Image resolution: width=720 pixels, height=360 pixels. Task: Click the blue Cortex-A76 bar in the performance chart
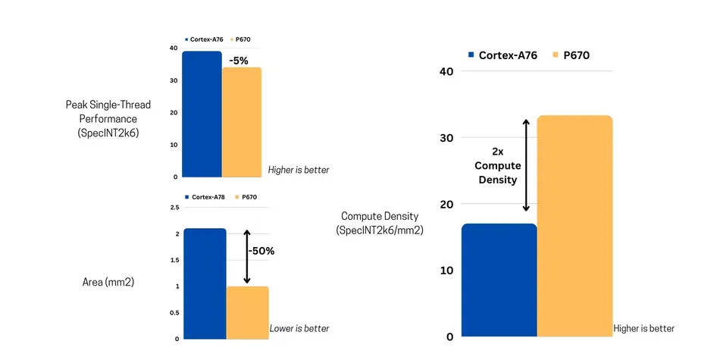202,114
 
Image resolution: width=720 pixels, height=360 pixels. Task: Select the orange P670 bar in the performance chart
241,122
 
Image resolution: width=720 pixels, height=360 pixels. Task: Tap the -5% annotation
240,59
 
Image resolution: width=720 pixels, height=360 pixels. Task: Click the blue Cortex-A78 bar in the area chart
205,283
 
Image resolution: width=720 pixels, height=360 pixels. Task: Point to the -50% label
260,250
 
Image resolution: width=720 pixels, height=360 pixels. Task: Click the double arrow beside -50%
246,258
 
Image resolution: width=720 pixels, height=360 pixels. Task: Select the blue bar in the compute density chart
499,280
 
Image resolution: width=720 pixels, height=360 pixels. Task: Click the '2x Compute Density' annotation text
496,165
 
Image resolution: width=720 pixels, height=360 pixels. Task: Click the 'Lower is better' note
299,329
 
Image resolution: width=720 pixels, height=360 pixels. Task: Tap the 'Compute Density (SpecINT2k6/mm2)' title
379,223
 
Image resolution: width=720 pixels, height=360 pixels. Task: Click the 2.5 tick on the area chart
174,207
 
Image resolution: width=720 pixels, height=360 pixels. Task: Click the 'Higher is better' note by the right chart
643,328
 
